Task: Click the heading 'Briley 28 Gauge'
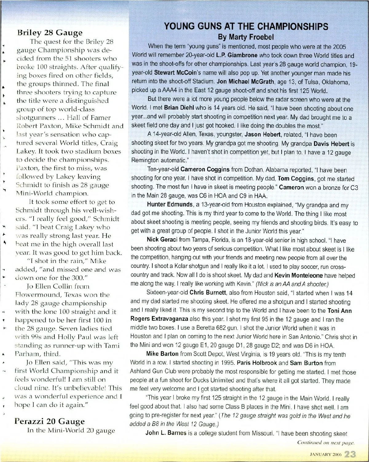coord(50,32)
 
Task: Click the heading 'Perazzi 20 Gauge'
coord(50,421)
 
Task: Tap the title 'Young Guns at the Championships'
coord(246,26)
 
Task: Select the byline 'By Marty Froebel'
coord(246,37)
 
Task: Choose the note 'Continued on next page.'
coord(326,443)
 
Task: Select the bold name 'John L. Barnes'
coord(166,433)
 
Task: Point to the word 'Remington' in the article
coord(145,161)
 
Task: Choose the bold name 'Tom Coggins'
coord(296,179)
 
